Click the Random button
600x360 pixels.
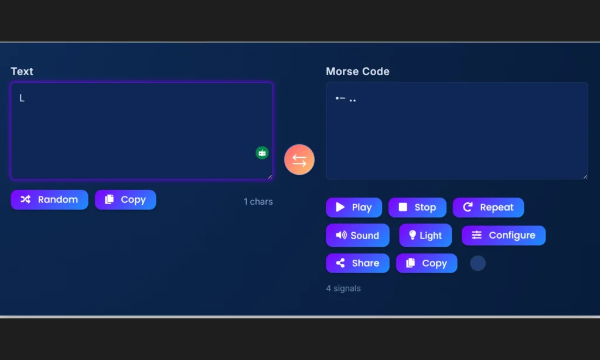point(49,199)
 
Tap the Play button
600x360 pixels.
point(354,207)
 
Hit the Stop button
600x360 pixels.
point(417,207)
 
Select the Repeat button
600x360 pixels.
point(488,207)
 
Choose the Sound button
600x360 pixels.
point(357,235)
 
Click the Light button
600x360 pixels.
point(425,235)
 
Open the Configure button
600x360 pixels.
point(503,235)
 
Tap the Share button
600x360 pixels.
point(357,263)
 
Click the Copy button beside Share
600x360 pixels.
point(426,263)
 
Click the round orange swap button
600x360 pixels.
point(299,159)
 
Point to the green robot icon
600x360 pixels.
point(262,152)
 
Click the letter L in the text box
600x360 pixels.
point(22,98)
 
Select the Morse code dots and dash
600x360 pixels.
point(345,99)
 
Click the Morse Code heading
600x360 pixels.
point(357,72)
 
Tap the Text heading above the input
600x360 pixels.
point(22,72)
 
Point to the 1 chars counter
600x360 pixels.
point(258,202)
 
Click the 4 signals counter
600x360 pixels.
point(343,288)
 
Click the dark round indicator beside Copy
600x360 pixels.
point(478,263)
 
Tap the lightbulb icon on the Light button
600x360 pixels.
point(412,235)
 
